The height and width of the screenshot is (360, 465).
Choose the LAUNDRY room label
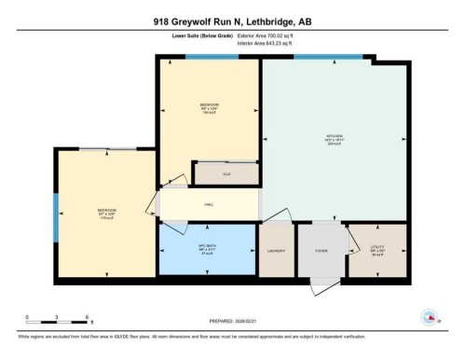(x=276, y=251)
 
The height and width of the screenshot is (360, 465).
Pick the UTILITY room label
(x=377, y=248)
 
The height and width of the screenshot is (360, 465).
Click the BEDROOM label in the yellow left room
(x=106, y=211)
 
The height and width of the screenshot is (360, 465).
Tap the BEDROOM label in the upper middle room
(x=209, y=104)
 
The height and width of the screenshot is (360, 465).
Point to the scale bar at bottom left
(x=56, y=318)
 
